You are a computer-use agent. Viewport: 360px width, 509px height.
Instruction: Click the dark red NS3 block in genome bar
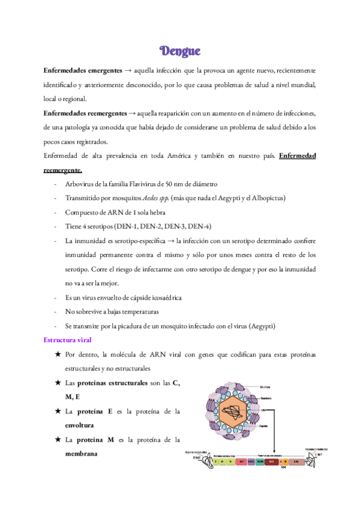pyautogui.click(x=271, y=462)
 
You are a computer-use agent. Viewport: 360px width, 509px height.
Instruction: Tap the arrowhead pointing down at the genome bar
pyautogui.click(x=275, y=457)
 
